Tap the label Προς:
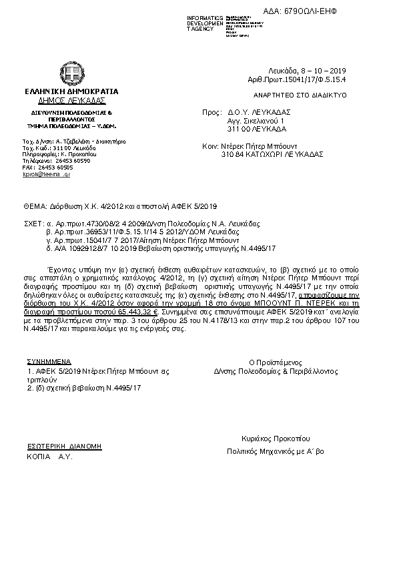211,113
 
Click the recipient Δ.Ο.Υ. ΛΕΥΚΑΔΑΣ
262,113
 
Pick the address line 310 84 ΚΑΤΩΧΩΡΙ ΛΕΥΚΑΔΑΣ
263,154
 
